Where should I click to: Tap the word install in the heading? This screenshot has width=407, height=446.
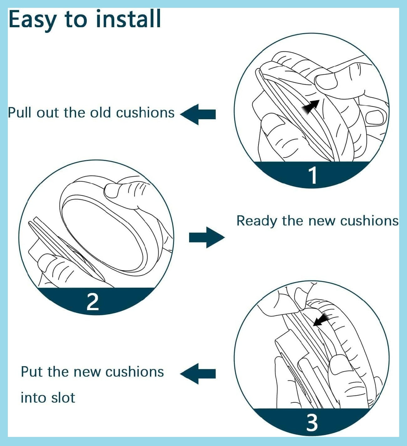[128, 19]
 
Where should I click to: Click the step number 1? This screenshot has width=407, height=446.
[313, 175]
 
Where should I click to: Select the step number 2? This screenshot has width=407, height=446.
[93, 302]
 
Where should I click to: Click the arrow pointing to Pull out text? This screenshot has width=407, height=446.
[198, 114]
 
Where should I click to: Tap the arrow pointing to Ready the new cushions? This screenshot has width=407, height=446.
[207, 237]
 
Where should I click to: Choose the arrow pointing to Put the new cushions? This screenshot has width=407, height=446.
[198, 373]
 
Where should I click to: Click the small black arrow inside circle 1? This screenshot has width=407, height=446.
[311, 106]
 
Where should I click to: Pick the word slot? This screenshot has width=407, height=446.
[63, 398]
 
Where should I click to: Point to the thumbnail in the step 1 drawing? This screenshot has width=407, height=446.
[326, 82]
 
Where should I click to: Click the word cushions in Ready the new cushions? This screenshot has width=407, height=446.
[369, 221]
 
